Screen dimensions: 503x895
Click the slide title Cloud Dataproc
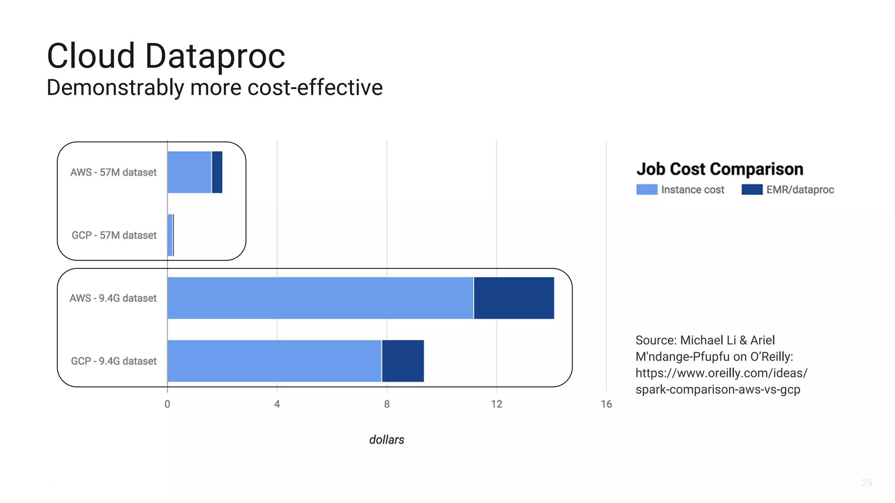click(166, 56)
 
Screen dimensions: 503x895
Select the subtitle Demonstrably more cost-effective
click(215, 87)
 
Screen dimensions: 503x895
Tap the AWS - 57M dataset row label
click(113, 172)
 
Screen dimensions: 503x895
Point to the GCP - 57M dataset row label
click(114, 235)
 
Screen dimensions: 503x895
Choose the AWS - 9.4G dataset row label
click(113, 298)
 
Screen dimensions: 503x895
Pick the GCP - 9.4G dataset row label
click(114, 361)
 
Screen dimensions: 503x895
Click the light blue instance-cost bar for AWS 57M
click(189, 172)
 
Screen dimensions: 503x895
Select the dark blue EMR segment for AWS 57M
click(217, 172)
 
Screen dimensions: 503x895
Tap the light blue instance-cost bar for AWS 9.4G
click(320, 298)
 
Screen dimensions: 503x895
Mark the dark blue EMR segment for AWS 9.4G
click(514, 298)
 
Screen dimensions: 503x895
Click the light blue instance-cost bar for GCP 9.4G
click(274, 361)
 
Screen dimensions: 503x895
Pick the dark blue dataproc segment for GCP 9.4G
click(403, 361)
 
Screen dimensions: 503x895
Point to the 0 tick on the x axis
click(167, 404)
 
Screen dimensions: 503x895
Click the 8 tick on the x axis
click(387, 404)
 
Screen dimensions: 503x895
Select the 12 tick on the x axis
click(496, 404)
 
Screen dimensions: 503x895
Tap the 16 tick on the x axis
click(606, 404)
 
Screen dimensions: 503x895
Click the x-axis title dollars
click(387, 440)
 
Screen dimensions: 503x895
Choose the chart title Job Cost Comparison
click(720, 169)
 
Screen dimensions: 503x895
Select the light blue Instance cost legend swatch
click(647, 189)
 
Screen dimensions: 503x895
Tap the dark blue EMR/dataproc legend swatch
click(752, 189)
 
